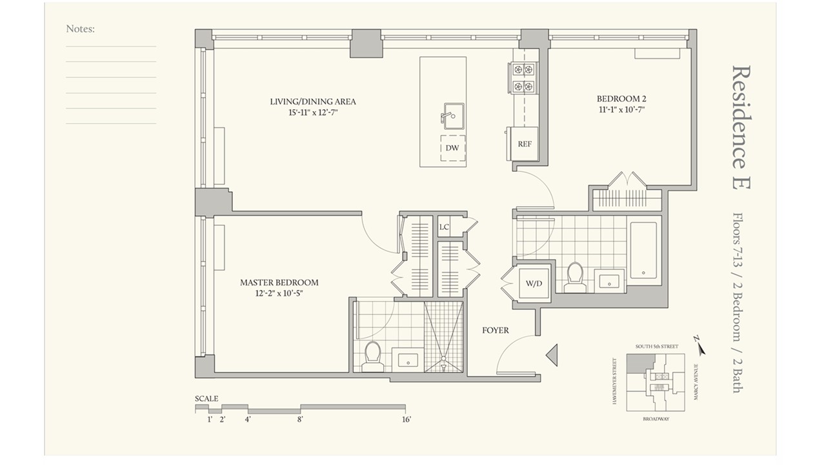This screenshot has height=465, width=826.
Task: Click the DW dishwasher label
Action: (452, 148)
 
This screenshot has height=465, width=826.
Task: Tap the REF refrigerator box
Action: (522, 143)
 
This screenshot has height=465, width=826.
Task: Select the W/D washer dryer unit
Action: (534, 284)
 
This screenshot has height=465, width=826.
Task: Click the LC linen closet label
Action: (444, 227)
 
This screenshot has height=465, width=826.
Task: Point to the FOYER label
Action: (495, 330)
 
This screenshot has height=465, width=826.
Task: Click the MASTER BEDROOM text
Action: (279, 283)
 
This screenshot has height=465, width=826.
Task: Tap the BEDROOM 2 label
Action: (621, 99)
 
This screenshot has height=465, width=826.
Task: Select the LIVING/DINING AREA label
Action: (313, 101)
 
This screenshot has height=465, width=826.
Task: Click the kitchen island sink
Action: (453, 116)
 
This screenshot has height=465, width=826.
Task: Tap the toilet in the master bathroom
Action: (372, 356)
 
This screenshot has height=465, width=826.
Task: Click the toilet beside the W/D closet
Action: (575, 278)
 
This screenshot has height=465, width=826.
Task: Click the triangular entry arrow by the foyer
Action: (552, 355)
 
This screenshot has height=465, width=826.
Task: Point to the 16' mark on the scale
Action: (407, 420)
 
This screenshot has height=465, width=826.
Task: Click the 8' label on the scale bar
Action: (300, 420)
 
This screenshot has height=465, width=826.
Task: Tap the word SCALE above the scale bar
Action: (206, 398)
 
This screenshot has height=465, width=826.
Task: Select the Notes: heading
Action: (81, 29)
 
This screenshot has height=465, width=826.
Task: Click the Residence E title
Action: (741, 127)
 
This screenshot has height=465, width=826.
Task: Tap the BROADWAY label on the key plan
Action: (656, 419)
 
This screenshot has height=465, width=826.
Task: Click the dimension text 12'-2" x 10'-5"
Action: (279, 294)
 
